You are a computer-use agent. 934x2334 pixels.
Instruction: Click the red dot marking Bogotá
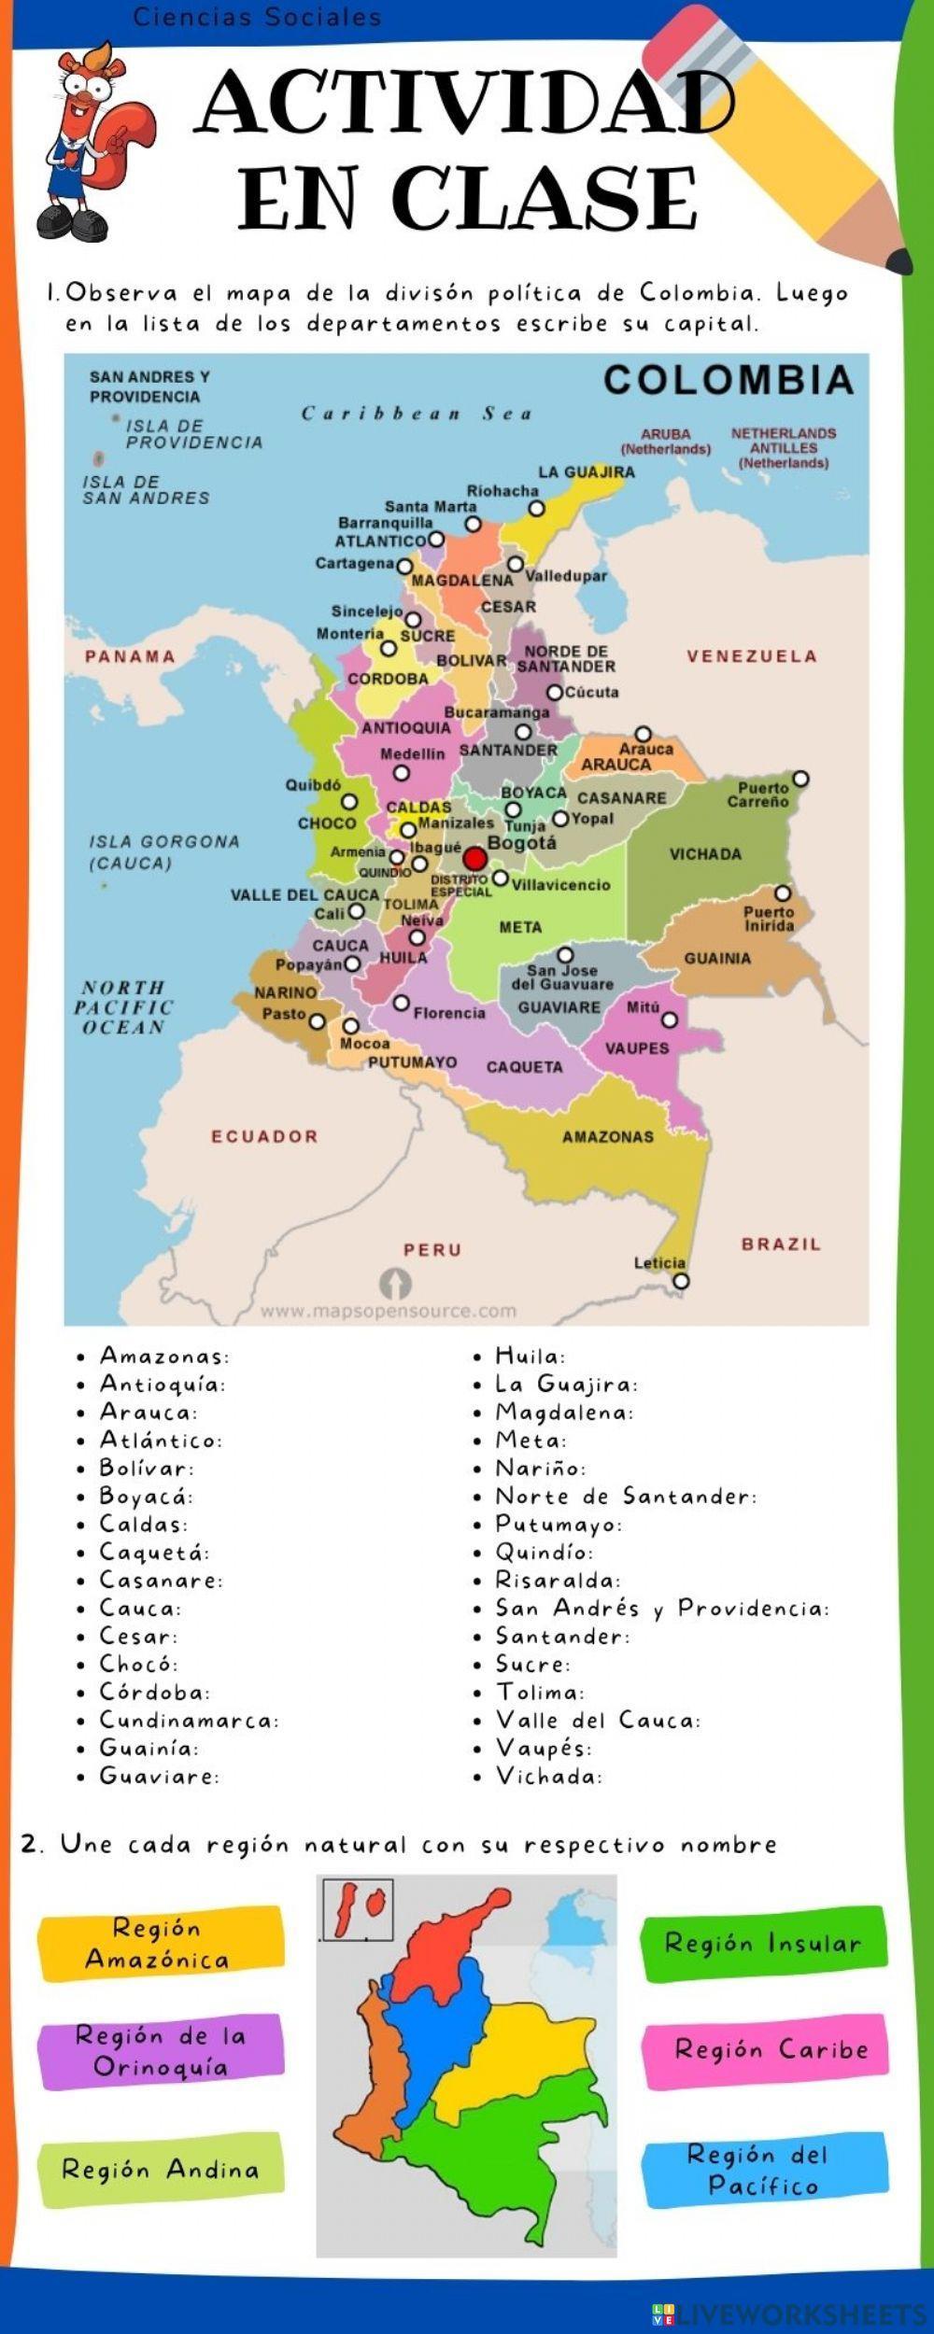pos(475,859)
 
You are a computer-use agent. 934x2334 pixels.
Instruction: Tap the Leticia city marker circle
pos(681,1281)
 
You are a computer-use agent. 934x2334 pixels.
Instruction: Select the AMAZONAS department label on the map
pos(608,1136)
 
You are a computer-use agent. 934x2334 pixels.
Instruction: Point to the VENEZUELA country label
pos(752,656)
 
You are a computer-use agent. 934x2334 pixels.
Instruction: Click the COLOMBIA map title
pos(729,380)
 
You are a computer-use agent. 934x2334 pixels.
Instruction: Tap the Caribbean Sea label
pos(417,414)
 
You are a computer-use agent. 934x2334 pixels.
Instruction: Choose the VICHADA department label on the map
pos(705,853)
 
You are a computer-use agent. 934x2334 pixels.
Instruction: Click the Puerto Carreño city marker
pos(800,779)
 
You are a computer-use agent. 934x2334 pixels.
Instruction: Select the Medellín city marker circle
pos(402,773)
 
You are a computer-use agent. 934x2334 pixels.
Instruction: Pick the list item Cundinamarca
pos(190,1720)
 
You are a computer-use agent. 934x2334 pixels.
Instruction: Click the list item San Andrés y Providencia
pos(661,1608)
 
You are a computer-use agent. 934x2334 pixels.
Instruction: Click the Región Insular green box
pos(763,1944)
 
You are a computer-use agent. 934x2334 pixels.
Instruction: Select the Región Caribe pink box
pos(764,2049)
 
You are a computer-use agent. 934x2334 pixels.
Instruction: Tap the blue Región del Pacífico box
pos(764,2170)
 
